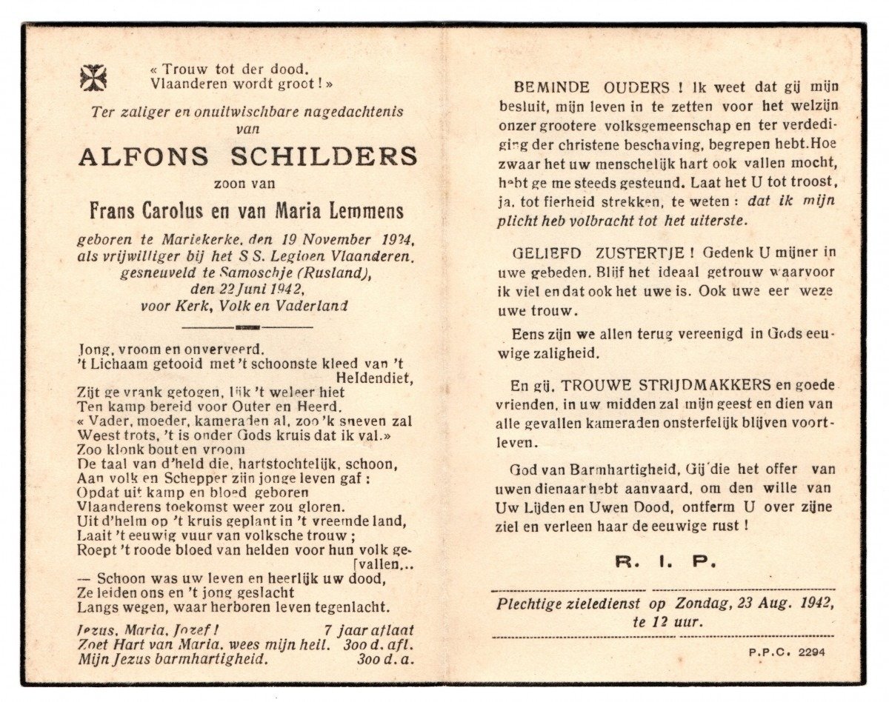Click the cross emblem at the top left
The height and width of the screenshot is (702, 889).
pyautogui.click(x=93, y=77)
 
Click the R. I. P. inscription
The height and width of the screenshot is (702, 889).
pyautogui.click(x=666, y=562)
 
